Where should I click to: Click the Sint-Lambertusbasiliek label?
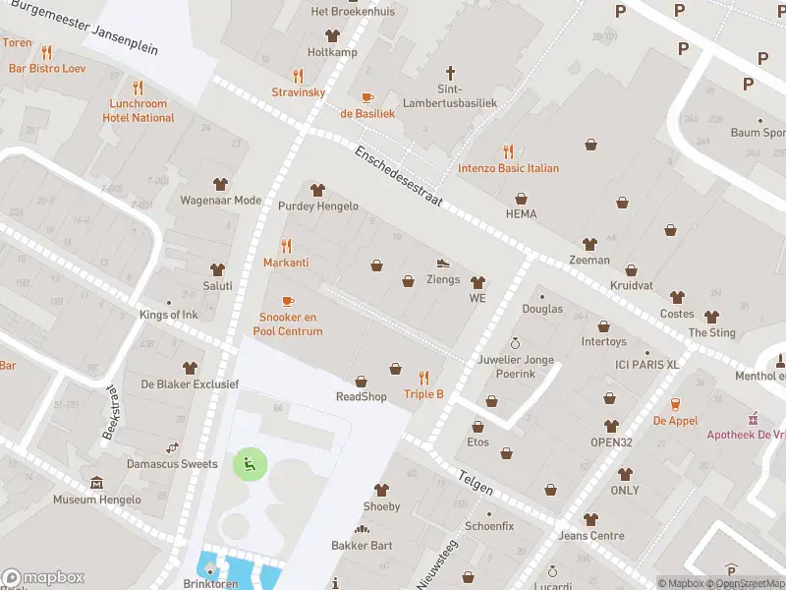click(451, 95)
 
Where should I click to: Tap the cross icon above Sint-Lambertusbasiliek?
click(451, 73)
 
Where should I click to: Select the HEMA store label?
click(521, 213)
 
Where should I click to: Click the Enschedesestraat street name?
click(399, 176)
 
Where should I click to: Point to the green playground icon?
click(248, 463)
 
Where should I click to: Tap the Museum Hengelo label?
click(97, 500)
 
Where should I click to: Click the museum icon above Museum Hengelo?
click(97, 483)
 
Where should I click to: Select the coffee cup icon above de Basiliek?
click(367, 97)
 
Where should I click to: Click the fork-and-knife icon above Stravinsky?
click(299, 76)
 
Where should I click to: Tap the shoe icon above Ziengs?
click(443, 263)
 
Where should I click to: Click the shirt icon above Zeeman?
click(589, 244)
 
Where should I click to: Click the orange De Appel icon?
click(676, 404)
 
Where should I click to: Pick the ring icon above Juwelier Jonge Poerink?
click(515, 343)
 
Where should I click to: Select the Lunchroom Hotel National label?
click(139, 110)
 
